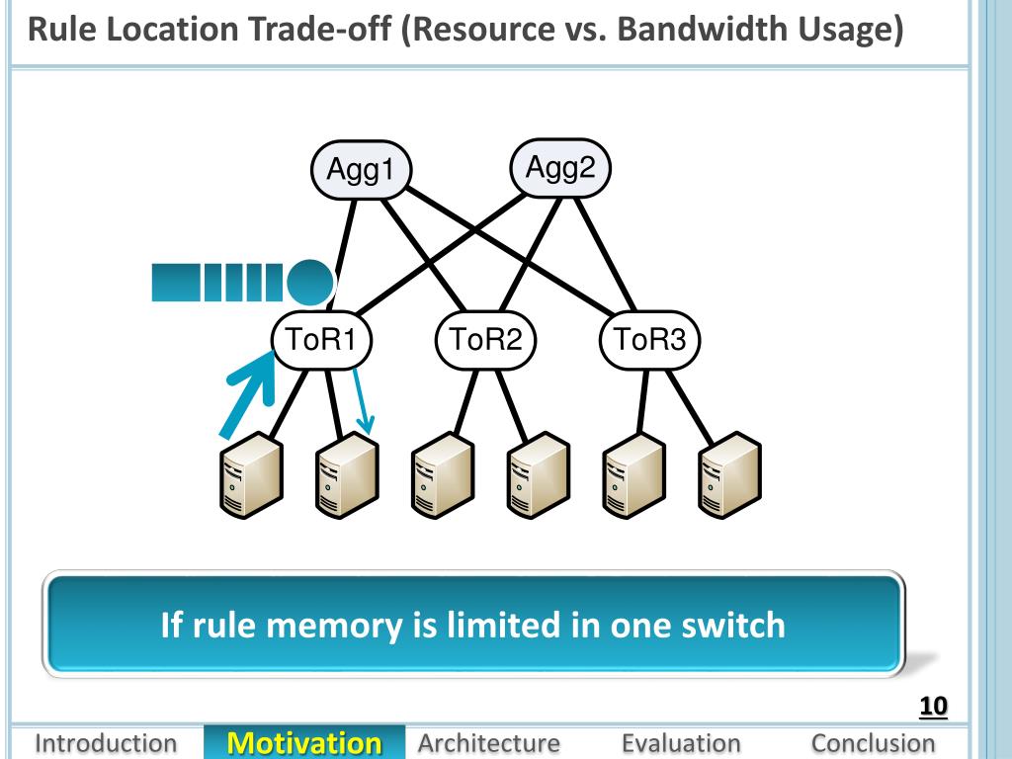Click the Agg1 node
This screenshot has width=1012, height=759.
click(361, 170)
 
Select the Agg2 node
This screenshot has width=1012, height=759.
click(560, 168)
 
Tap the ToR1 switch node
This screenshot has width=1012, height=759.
click(322, 340)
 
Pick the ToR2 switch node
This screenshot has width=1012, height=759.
click(486, 340)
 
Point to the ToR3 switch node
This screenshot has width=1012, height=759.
click(650, 340)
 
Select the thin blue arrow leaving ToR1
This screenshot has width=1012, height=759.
click(363, 401)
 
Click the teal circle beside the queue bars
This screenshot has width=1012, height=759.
click(309, 283)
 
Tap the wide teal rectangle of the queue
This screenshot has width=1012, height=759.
click(176, 283)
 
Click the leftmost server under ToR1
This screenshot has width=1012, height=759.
click(252, 475)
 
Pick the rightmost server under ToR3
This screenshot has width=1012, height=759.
click(730, 475)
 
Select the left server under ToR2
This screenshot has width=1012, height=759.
click(444, 475)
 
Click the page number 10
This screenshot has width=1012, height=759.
click(933, 706)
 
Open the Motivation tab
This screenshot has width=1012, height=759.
click(304, 743)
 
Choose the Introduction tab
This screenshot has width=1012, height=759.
click(106, 743)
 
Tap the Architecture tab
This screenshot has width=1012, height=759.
click(488, 743)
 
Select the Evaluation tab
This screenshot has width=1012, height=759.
click(681, 743)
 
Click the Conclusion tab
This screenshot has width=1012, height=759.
click(874, 743)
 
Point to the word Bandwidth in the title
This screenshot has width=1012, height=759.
click(703, 29)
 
